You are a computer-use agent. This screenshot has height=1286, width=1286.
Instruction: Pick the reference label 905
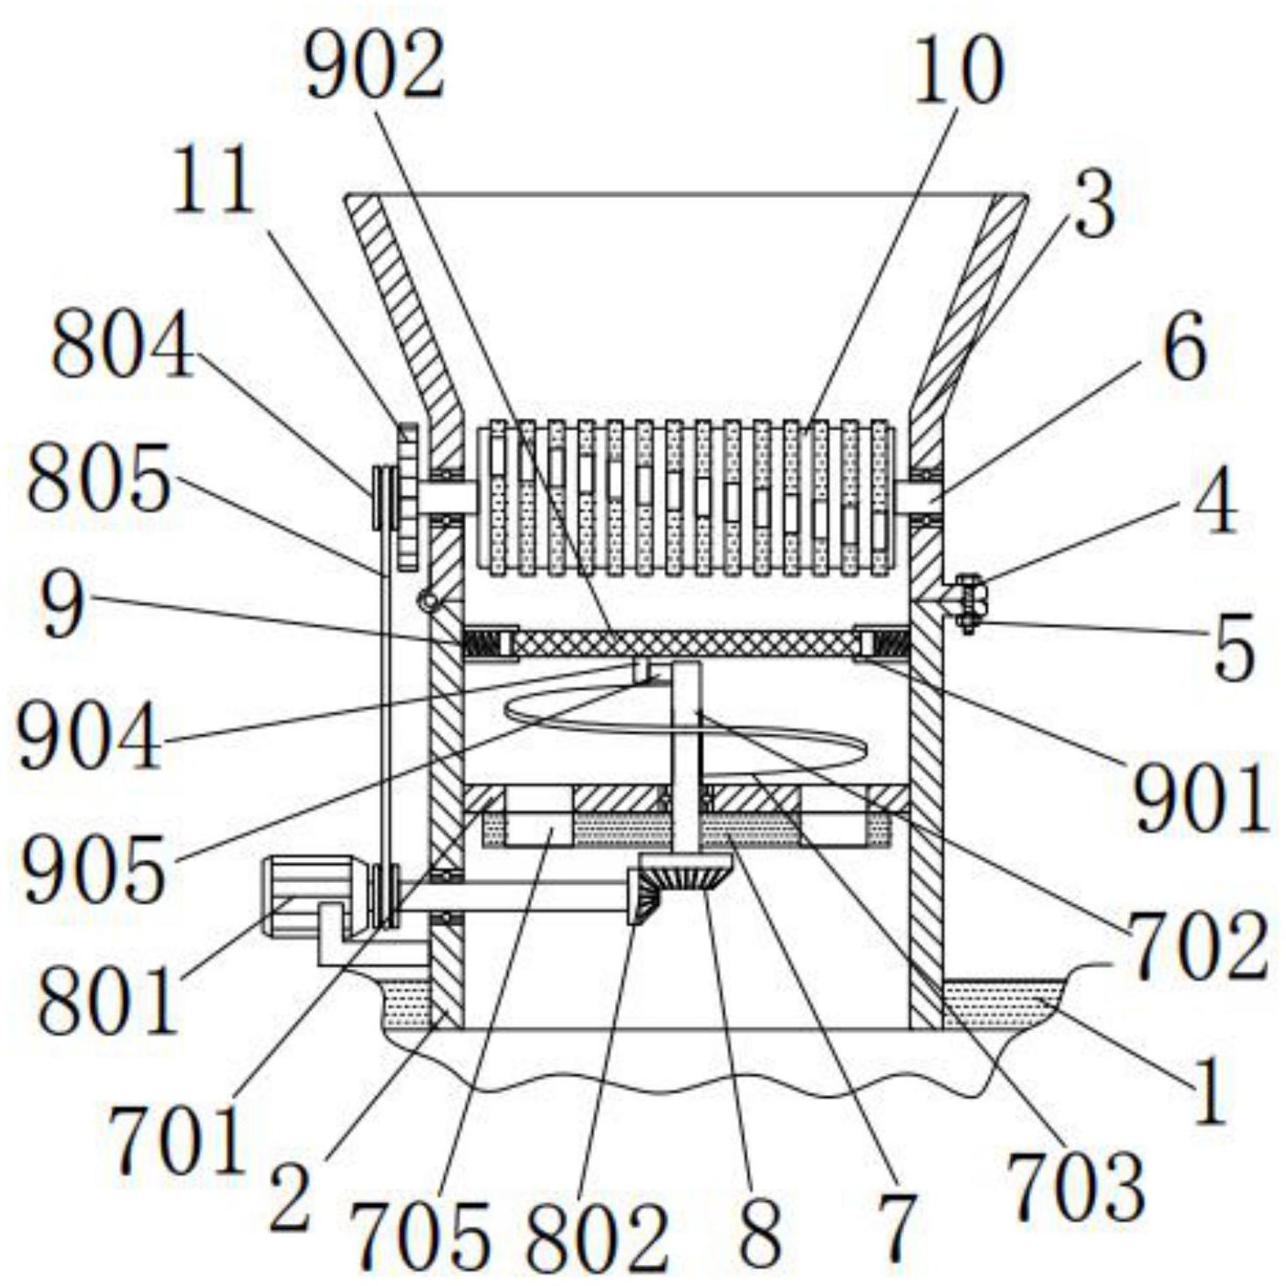(94, 866)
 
